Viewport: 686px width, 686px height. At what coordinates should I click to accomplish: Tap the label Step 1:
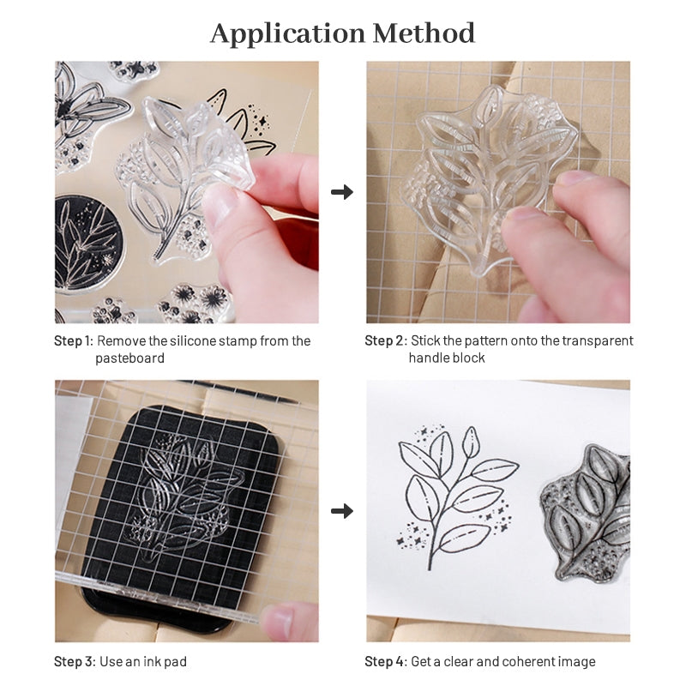[x=73, y=340]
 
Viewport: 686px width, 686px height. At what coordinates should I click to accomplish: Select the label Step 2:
[x=385, y=340]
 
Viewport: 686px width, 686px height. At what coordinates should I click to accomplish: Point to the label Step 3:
[x=74, y=661]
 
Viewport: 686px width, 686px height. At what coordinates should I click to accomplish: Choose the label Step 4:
[x=385, y=661]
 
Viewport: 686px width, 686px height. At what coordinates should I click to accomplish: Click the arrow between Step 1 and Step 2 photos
[x=342, y=192]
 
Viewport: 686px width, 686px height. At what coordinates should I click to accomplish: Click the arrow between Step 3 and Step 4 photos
[x=342, y=511]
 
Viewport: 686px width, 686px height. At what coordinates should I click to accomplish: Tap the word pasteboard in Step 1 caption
[x=129, y=358]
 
